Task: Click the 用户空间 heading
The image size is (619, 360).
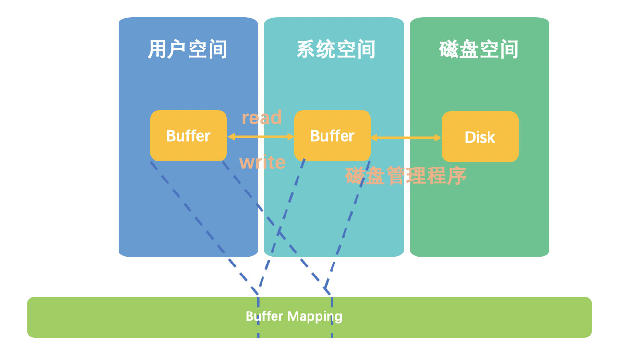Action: tap(187, 49)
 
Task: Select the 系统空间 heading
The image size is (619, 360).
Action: tap(336, 49)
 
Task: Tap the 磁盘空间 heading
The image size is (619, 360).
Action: tap(479, 49)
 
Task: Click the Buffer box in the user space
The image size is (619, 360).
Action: tap(189, 136)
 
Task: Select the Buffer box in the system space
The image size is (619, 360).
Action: tap(333, 136)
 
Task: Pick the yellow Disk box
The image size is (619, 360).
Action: tap(480, 137)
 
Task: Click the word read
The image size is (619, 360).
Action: tap(262, 118)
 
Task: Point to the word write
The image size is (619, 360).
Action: tap(262, 163)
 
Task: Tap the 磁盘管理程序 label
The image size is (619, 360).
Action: tap(406, 176)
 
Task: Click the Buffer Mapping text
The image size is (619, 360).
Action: tap(294, 316)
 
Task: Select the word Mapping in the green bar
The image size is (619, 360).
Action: tap(315, 316)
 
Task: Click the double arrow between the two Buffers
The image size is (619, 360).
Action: tap(261, 137)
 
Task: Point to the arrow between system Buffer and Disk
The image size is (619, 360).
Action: tap(406, 138)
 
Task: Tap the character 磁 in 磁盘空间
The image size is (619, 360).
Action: tap(449, 49)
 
